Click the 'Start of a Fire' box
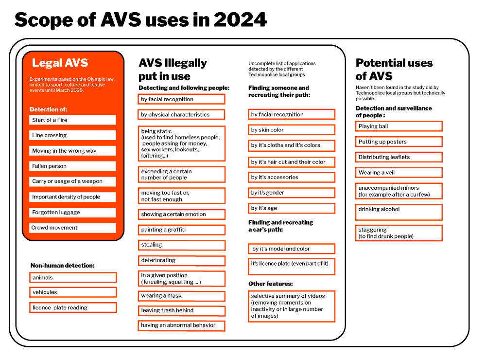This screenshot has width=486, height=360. click(x=72, y=120)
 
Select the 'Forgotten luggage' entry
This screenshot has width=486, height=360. click(x=72, y=212)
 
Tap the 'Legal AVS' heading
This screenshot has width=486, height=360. click(x=60, y=63)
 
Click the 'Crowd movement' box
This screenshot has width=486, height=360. click(x=72, y=228)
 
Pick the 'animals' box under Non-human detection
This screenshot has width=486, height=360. click(x=73, y=277)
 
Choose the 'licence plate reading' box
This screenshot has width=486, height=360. click(x=73, y=307)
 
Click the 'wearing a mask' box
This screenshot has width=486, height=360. click(x=182, y=296)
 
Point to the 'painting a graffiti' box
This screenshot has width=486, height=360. click(x=182, y=230)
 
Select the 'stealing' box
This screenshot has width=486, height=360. click(x=182, y=245)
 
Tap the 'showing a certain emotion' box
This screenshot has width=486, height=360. click(x=182, y=215)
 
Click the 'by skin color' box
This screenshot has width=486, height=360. click(x=292, y=130)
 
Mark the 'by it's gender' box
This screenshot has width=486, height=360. click(x=292, y=193)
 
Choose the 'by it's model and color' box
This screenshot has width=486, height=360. click(x=292, y=249)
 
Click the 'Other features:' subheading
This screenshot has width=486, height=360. click(x=271, y=284)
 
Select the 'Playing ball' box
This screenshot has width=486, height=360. click(x=399, y=126)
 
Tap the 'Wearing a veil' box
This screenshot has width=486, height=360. click(x=399, y=173)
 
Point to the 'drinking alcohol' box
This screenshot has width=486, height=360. click(x=399, y=212)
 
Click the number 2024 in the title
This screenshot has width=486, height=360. click(x=240, y=20)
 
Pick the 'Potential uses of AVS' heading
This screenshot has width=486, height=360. click(x=394, y=70)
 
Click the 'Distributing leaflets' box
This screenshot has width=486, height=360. click(x=399, y=157)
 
